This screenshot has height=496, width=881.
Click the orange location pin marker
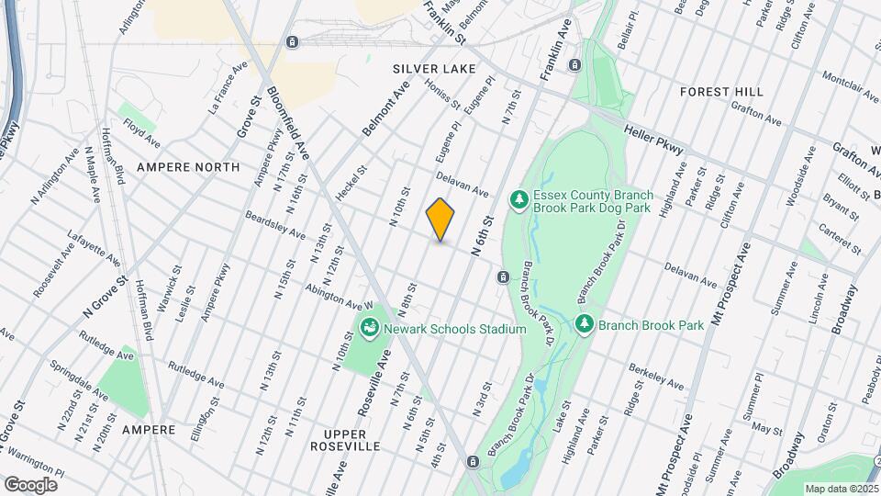[x=440, y=220]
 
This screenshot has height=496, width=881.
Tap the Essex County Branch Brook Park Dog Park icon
[x=519, y=199]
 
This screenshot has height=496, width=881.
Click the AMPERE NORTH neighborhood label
[x=188, y=167]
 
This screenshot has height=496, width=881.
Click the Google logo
[x=30, y=484]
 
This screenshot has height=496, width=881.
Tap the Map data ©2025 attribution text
[x=841, y=488]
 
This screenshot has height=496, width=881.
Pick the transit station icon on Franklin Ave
[x=574, y=65]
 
